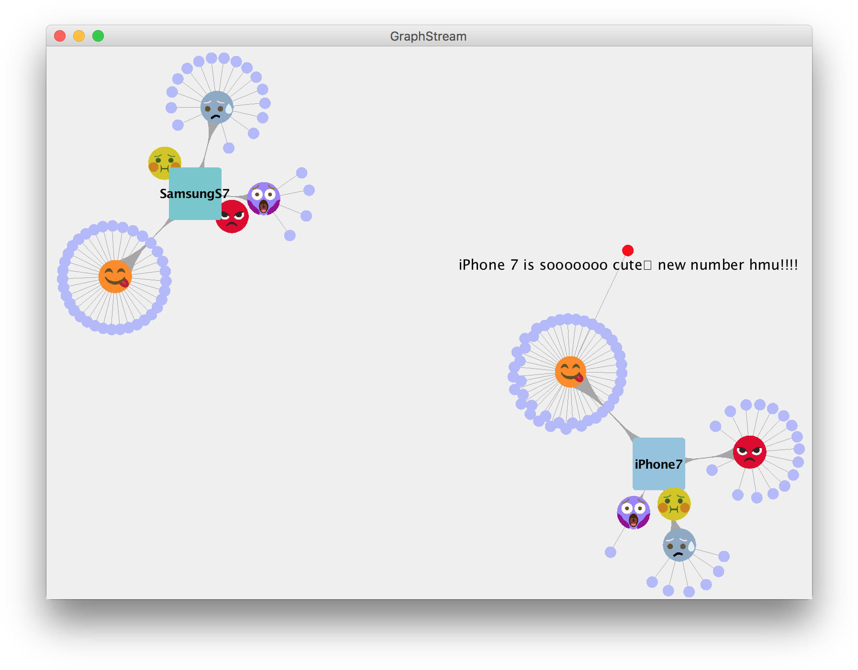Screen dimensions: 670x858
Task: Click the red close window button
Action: pyautogui.click(x=60, y=36)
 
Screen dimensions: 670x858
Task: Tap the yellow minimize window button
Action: pyautogui.click(x=79, y=36)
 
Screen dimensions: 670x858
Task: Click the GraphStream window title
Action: pyautogui.click(x=428, y=36)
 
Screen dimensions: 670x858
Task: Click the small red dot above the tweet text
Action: pyautogui.click(x=628, y=250)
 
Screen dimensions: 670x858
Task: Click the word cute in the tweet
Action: pyautogui.click(x=627, y=265)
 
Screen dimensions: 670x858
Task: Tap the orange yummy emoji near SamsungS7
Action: pyautogui.click(x=115, y=276)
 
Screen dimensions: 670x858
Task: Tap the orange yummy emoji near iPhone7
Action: pyautogui.click(x=570, y=372)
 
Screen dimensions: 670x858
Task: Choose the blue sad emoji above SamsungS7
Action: pyautogui.click(x=217, y=108)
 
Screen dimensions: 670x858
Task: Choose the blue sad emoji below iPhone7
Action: pyautogui.click(x=679, y=545)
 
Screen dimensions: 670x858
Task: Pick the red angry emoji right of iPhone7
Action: pyautogui.click(x=749, y=452)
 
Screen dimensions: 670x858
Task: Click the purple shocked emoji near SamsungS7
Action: pyautogui.click(x=264, y=198)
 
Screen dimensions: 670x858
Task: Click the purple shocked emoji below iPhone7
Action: pyautogui.click(x=633, y=512)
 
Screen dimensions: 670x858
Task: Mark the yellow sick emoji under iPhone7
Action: pyautogui.click(x=674, y=504)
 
